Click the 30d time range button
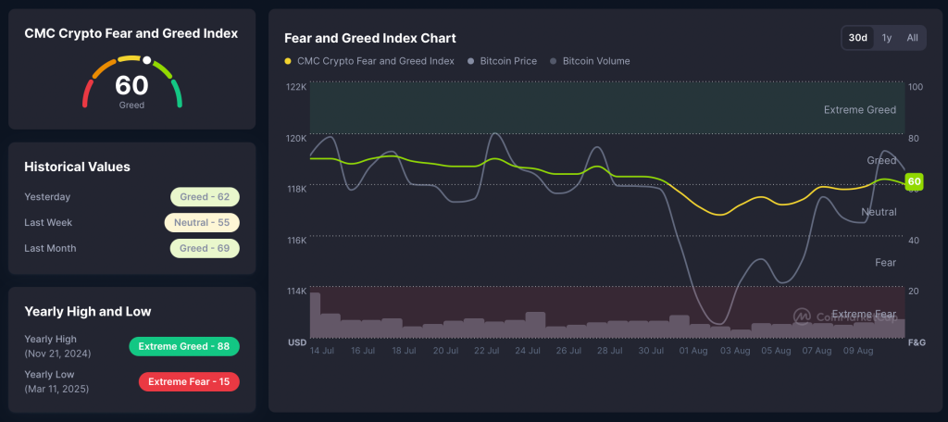point(858,38)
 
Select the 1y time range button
point(887,38)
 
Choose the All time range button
point(912,38)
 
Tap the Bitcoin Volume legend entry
point(594,61)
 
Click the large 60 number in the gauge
point(131,85)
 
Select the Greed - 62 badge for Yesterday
point(205,197)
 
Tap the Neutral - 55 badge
point(202,223)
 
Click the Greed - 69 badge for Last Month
point(205,248)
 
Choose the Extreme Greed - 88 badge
point(183,346)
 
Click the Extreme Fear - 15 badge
point(188,381)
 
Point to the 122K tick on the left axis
point(296,87)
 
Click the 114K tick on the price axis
point(296,291)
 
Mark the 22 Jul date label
point(487,352)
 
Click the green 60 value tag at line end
point(914,181)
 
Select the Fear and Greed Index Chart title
point(369,38)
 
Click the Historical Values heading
point(77,167)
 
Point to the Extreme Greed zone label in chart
point(859,110)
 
